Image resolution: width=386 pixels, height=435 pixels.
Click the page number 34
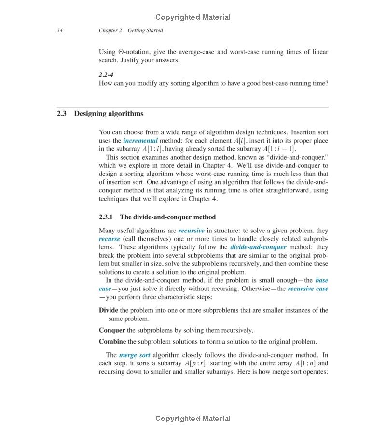tap(60, 30)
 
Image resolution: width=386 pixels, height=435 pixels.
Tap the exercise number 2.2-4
tap(106, 74)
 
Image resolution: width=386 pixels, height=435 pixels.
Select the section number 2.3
tap(61, 114)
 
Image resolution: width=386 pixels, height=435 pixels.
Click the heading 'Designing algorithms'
tap(109, 114)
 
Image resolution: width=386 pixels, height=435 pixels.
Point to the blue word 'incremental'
tap(140, 141)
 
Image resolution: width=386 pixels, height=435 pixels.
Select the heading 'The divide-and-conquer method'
tap(167, 217)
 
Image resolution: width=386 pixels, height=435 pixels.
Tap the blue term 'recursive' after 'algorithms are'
tap(191, 231)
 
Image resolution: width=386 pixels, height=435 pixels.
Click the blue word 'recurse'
tap(110, 239)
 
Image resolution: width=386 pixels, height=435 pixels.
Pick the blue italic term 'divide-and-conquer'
tap(258, 247)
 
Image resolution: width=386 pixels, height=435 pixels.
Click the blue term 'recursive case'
tap(308, 289)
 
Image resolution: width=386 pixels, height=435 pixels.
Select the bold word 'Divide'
tap(109, 310)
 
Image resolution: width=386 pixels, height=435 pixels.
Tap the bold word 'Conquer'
tap(112, 330)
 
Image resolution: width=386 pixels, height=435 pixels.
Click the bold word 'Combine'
tap(112, 341)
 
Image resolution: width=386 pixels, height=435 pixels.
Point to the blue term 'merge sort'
tap(134, 355)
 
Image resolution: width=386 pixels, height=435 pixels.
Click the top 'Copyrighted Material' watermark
tap(193, 17)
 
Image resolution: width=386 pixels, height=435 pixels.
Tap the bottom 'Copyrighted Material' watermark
tap(193, 419)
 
